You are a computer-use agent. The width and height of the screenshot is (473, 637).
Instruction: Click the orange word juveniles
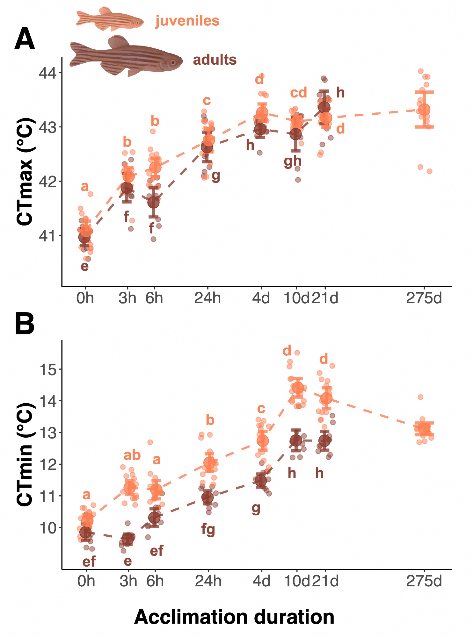(187, 21)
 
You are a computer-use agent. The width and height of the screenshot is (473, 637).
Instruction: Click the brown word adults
(215, 60)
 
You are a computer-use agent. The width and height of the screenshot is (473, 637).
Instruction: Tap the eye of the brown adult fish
(172, 62)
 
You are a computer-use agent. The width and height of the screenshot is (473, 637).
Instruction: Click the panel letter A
(25, 39)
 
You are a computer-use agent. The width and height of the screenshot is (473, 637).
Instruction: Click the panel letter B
(25, 324)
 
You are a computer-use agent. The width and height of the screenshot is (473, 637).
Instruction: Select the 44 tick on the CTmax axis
(47, 73)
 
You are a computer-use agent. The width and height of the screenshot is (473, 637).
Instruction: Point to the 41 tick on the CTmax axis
(47, 236)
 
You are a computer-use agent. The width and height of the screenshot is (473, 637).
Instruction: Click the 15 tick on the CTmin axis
(47, 370)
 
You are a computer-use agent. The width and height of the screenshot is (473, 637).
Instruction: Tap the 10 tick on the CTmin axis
(47, 528)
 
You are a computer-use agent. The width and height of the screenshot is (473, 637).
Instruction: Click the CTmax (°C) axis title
(25, 172)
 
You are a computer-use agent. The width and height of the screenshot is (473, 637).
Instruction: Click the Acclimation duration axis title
(234, 617)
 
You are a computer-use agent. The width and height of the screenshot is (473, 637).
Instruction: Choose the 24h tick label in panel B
(208, 581)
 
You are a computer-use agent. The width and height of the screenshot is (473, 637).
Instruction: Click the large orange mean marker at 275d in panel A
(424, 110)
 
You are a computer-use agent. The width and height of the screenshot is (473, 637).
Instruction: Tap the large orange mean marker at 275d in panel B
(424, 429)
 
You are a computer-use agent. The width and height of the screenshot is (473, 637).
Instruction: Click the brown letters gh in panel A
(293, 161)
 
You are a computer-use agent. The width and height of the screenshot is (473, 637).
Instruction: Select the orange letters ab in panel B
(132, 455)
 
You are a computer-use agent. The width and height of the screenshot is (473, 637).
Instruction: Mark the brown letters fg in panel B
(208, 530)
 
